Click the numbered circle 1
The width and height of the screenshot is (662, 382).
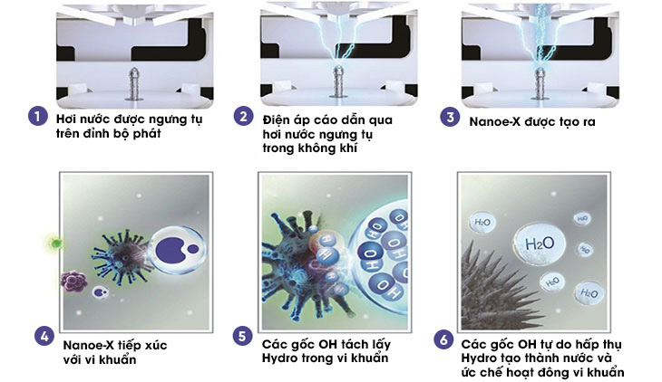point(36,118)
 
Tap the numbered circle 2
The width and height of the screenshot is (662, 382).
point(243,117)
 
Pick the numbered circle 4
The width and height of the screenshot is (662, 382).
point(43,336)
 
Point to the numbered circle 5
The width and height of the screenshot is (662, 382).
point(241,337)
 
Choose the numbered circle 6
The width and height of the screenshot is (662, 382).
point(442,339)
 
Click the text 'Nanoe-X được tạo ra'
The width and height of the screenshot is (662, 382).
point(528,119)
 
